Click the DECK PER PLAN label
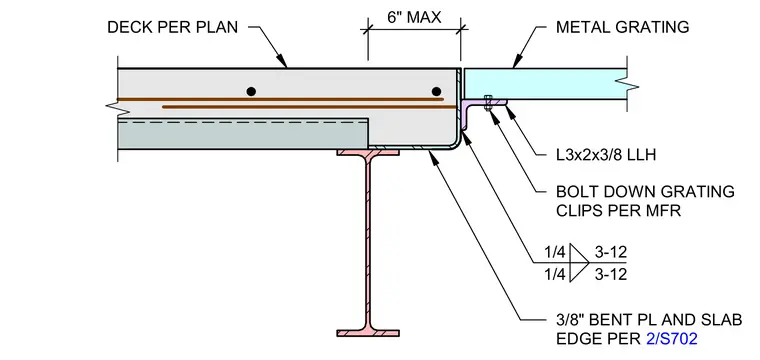173,27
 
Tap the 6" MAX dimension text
414,17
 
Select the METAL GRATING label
622,27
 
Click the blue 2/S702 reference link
672,339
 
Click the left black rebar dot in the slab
251,91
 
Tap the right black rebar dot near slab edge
436,91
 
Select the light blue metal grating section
545,84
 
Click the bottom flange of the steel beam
368,333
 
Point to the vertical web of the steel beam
368,242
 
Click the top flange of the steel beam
368,152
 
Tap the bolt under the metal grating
489,102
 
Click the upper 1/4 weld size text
555,252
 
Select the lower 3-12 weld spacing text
611,275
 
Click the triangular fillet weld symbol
579,263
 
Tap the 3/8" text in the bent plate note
571,320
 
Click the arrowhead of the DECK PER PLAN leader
283,62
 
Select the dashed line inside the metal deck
242,123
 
